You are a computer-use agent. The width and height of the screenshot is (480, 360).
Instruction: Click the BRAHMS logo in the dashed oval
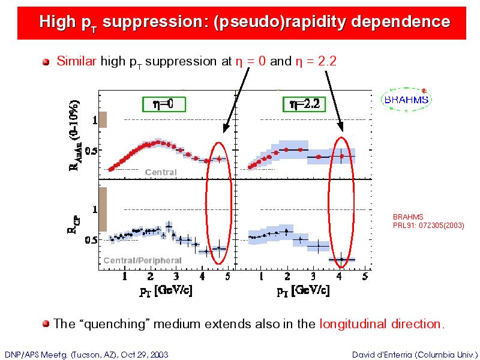[x=406, y=100]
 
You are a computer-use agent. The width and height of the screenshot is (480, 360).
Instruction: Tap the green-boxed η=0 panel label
[x=164, y=104]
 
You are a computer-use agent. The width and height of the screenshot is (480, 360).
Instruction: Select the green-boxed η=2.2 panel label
[x=304, y=104]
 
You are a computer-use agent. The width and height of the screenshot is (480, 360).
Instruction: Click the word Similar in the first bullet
[x=76, y=61]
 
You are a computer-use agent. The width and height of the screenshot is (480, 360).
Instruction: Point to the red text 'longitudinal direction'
[x=380, y=323]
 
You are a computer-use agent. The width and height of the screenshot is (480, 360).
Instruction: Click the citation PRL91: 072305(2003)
[x=428, y=226]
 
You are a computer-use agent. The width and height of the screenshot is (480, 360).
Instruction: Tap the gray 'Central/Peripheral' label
[x=143, y=260]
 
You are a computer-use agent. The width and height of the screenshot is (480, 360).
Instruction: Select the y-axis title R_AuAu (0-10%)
[x=74, y=136]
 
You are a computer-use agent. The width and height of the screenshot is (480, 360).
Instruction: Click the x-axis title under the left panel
[x=166, y=290]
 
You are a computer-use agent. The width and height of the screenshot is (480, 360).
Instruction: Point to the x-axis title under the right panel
[x=304, y=290]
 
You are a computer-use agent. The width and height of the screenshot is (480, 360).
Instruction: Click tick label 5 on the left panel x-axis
[x=227, y=277]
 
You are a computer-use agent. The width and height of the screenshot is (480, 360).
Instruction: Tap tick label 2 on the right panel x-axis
[x=287, y=277]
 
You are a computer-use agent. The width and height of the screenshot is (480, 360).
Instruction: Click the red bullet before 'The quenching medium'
[x=46, y=324]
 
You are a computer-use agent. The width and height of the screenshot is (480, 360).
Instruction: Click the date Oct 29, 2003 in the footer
[x=145, y=355]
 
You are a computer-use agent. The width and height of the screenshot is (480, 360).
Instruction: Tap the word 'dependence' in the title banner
[x=401, y=22]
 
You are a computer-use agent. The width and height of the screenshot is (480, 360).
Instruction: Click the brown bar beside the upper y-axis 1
[x=103, y=119]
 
